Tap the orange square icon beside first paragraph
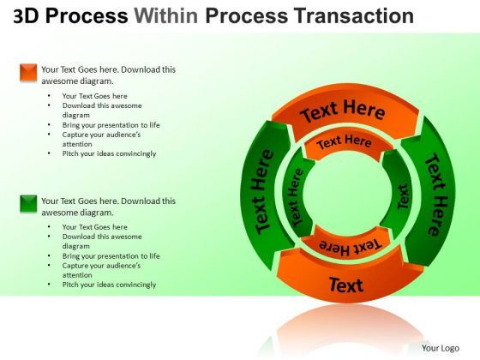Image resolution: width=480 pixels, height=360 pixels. tap(28, 73)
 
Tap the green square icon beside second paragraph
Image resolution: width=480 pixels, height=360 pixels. tap(28, 204)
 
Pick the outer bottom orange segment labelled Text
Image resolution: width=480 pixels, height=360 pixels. tap(346, 284)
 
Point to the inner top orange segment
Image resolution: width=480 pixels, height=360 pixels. tap(344, 143)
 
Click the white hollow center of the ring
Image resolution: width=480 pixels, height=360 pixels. tap(347, 195)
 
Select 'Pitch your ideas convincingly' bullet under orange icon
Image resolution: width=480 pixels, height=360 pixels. tap(109, 153)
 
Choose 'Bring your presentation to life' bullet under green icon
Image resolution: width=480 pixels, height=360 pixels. tap(111, 255)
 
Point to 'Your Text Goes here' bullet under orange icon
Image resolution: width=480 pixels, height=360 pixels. tap(94, 96)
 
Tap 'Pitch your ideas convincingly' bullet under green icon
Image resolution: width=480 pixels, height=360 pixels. tap(109, 285)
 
